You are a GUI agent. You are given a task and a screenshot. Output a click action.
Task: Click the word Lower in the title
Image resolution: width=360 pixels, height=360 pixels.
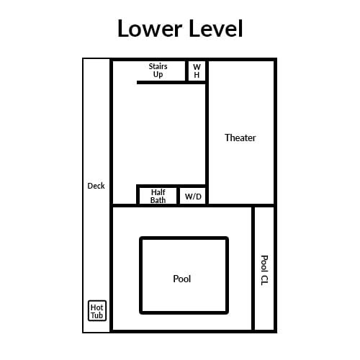[150, 28]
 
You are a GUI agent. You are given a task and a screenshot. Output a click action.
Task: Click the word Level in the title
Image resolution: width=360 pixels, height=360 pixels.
[216, 28]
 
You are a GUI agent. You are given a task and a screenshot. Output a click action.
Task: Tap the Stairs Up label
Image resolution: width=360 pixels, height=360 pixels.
[158, 71]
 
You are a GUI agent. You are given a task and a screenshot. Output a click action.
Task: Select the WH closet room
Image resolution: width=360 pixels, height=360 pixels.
[197, 71]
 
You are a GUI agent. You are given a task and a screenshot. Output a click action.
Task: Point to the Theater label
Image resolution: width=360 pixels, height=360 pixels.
[240, 138]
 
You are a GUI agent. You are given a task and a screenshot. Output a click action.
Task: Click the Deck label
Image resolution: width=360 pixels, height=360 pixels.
[96, 186]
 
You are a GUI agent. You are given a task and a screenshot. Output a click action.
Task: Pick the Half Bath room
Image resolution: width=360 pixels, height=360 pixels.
[158, 196]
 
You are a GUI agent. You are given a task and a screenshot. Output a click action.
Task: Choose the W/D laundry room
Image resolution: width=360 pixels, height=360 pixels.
[192, 196]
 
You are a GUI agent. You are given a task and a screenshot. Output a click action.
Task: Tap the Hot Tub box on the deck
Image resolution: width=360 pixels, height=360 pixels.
[97, 311]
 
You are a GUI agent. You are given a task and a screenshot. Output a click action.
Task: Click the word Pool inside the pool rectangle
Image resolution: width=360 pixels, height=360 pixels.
[182, 279]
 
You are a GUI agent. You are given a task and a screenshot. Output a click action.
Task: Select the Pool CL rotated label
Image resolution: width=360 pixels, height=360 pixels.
[264, 270]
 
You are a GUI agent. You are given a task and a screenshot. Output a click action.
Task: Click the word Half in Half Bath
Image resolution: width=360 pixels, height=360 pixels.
[158, 192]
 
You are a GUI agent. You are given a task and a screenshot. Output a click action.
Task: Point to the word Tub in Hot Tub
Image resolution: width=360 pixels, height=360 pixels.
[97, 315]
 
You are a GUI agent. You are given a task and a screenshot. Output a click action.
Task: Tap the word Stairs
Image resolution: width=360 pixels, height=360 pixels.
[158, 66]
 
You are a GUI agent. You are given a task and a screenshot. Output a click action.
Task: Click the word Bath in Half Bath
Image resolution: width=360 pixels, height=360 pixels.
[158, 200]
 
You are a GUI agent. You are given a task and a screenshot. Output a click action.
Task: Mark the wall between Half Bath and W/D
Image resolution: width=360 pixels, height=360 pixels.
[179, 196]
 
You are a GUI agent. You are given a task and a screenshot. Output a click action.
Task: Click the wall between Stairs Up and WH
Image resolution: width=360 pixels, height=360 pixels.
[186, 71]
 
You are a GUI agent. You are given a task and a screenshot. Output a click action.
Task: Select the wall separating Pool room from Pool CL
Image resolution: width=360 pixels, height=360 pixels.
[253, 269]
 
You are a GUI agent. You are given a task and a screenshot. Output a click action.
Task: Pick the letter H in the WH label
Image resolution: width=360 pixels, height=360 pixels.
[197, 75]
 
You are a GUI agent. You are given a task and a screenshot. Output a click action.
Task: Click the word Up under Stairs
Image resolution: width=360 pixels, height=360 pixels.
[158, 75]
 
